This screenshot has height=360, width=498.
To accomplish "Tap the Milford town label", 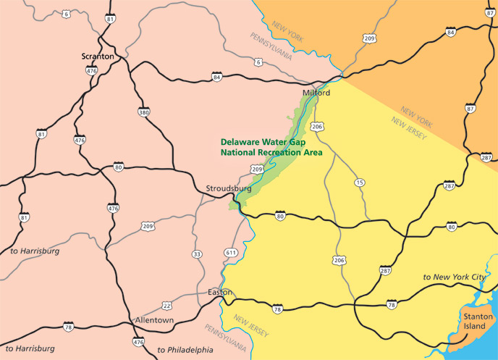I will coord(316,93).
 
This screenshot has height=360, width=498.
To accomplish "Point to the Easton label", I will coord(219,292).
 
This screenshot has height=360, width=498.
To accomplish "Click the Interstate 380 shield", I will coord(143,113).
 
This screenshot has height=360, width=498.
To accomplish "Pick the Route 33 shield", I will coord(197,254).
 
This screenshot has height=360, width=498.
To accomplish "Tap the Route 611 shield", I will coord(231,252).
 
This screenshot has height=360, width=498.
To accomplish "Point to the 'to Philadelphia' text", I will coord(185,350).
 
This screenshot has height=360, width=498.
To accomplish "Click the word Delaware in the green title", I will coord(243,142).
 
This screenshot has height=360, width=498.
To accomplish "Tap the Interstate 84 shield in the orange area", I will coord(450,32).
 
